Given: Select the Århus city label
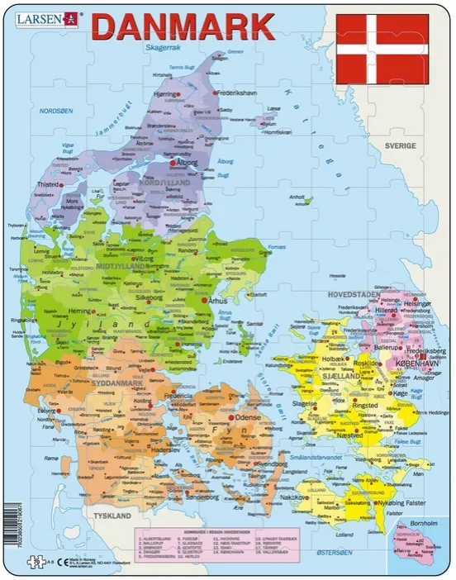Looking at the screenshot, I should (221, 302).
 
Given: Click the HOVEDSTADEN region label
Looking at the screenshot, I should (353, 294).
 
